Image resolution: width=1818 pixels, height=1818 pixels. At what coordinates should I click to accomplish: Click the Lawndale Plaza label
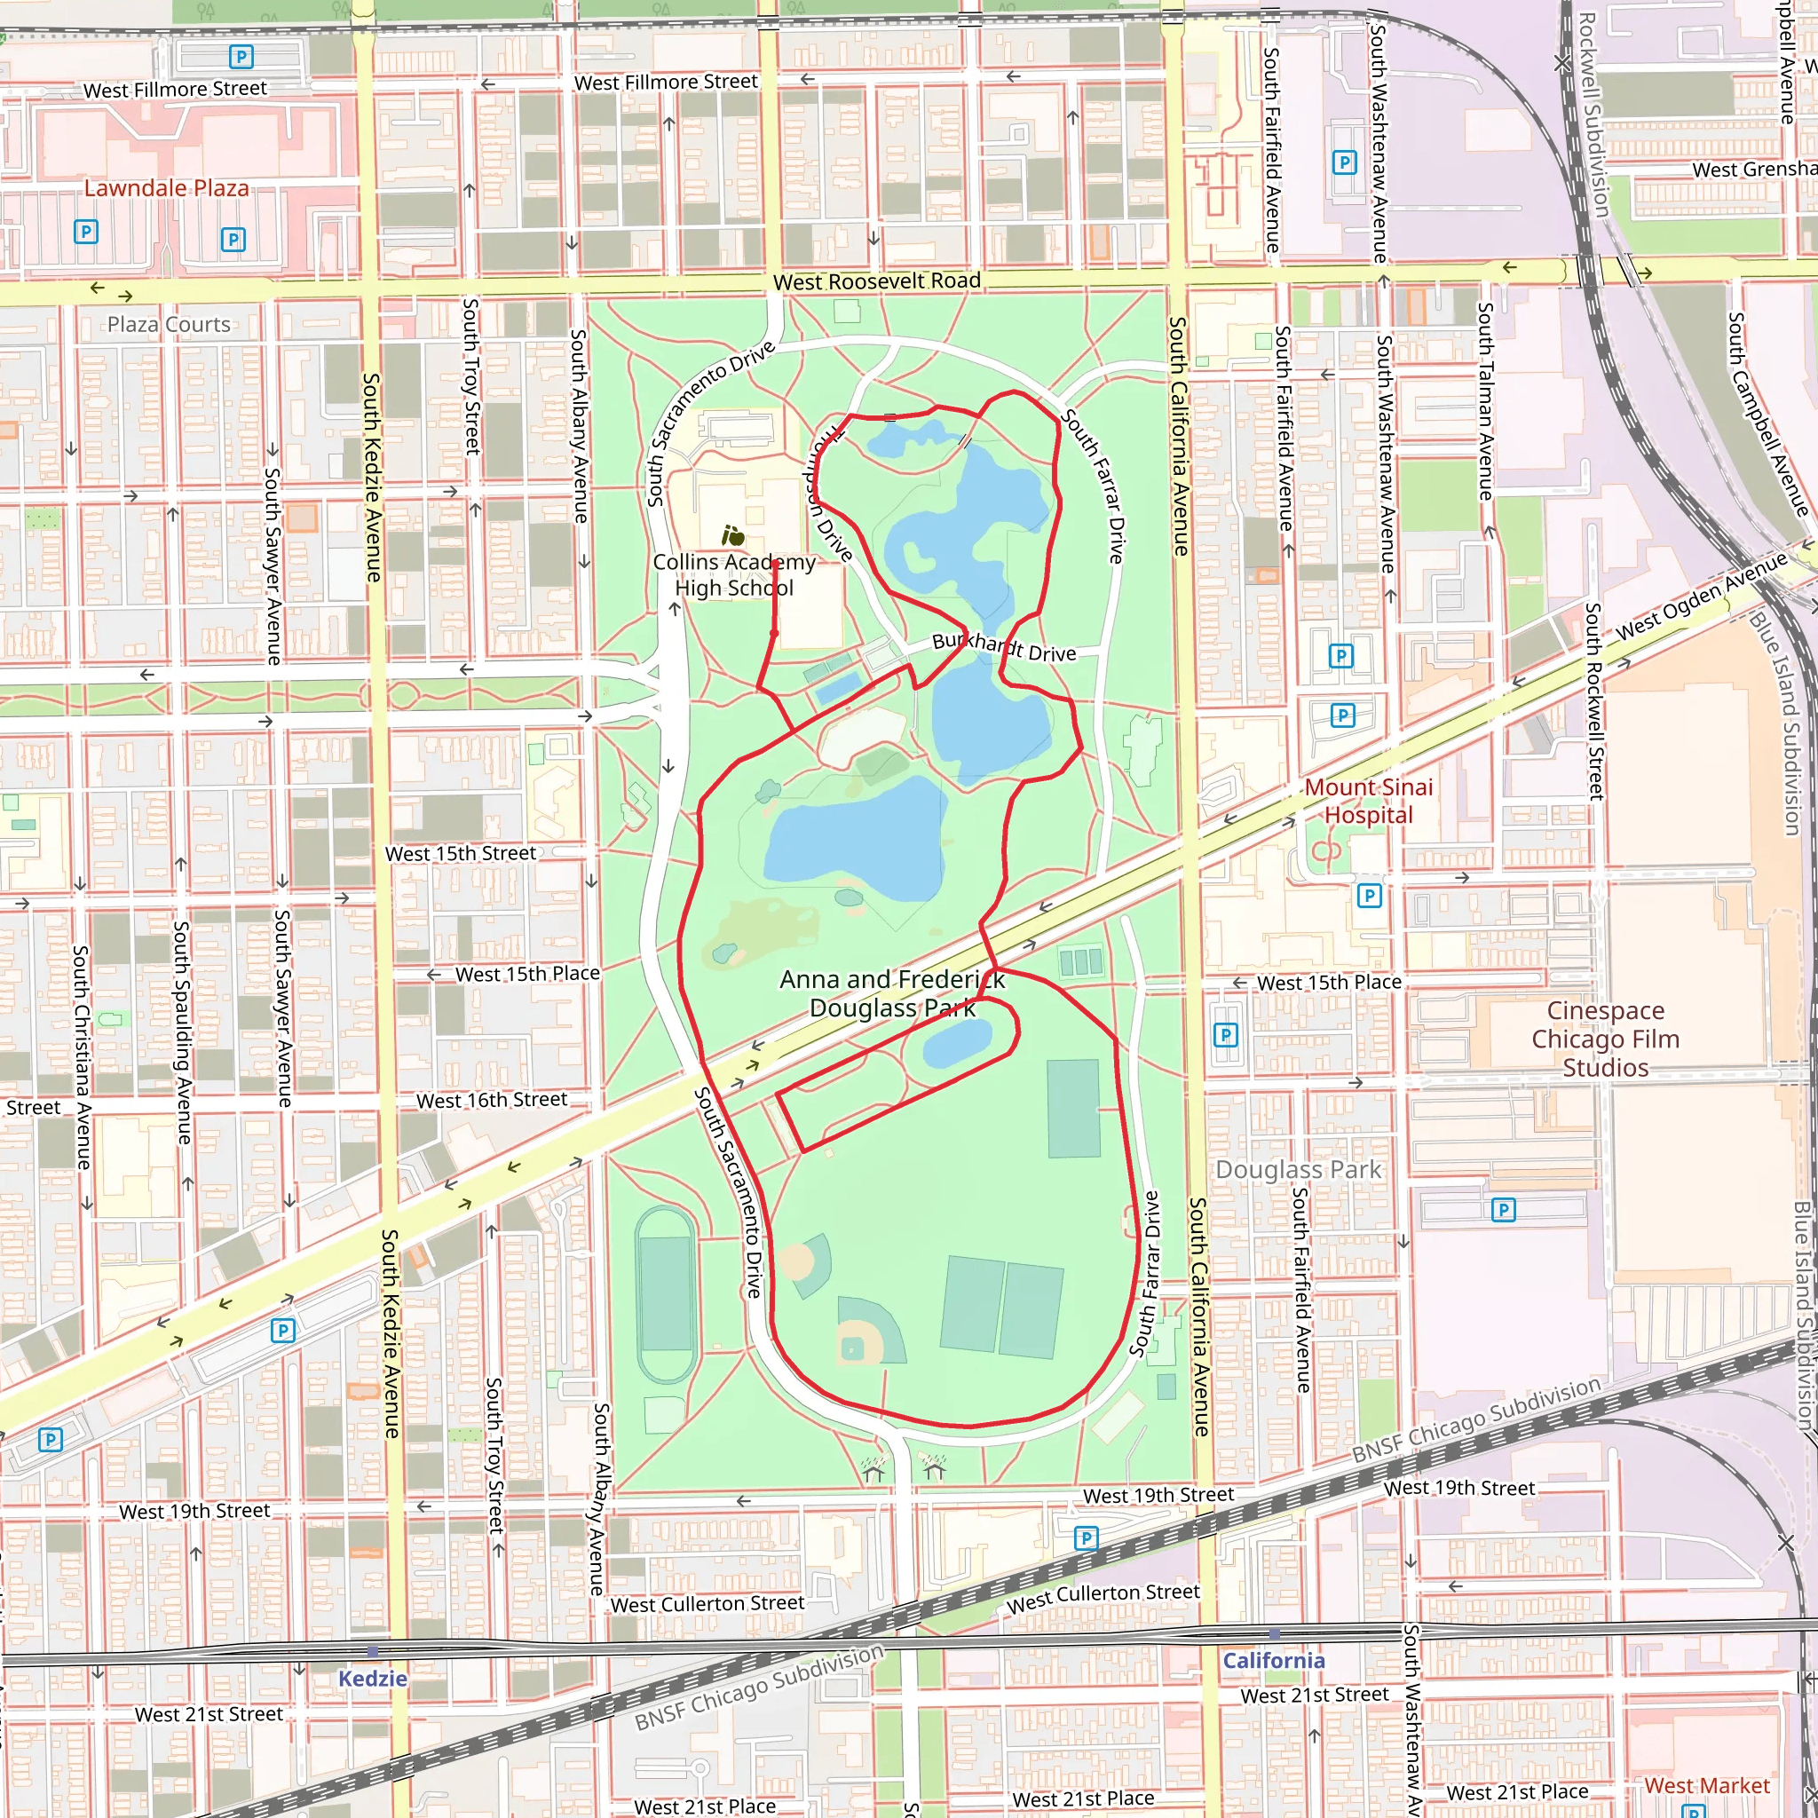(167, 188)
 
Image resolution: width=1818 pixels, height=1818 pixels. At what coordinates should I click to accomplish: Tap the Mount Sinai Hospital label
(1368, 801)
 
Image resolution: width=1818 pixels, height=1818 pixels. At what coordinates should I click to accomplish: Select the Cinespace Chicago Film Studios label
(1605, 1039)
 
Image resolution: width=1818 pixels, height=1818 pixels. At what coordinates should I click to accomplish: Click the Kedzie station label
(373, 1678)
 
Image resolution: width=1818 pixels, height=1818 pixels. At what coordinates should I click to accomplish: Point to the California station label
(1273, 1661)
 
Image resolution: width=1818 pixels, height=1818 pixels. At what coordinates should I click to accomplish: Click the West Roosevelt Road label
(876, 281)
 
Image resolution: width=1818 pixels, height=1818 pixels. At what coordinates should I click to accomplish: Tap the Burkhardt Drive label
(1003, 647)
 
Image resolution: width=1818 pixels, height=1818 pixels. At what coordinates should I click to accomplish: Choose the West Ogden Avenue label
(1702, 597)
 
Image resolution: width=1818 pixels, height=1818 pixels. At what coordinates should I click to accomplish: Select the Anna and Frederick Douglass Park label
(891, 993)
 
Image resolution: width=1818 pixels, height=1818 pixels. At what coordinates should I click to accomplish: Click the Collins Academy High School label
(734, 575)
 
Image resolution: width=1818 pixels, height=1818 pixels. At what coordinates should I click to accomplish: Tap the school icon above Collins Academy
(733, 536)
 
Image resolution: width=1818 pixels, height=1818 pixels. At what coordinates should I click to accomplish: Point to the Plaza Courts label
(169, 325)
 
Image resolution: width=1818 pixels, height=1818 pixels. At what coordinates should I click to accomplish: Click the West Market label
(1706, 1785)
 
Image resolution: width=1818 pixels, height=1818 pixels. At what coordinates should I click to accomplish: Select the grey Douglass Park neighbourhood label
(1299, 1170)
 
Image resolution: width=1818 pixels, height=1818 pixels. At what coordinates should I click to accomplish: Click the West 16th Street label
(491, 1100)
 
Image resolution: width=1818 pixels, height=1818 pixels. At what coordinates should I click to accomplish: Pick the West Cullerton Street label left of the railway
(707, 1603)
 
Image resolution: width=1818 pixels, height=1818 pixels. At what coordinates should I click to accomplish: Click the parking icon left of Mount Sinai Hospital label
(1342, 716)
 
